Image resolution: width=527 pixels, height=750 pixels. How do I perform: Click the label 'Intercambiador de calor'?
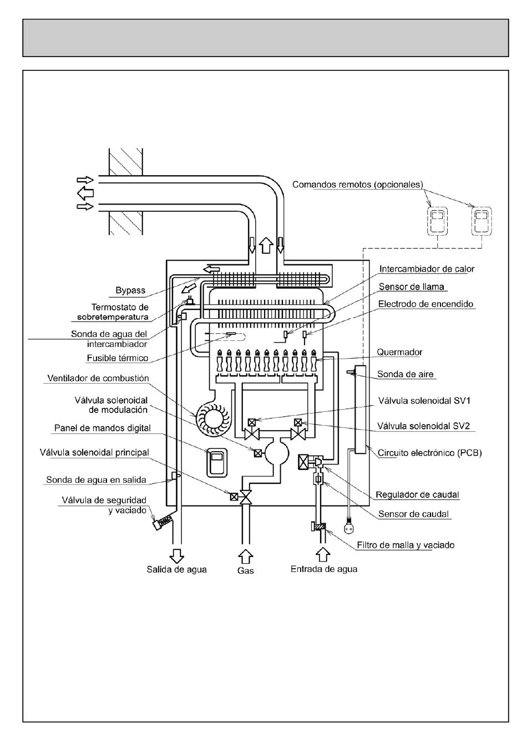click(427, 269)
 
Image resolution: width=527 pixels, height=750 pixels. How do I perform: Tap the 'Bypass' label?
click(130, 290)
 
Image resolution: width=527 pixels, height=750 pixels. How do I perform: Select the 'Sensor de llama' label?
click(412, 287)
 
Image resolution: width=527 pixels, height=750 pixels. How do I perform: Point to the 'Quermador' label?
click(399, 352)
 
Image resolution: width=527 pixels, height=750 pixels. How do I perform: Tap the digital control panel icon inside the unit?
click(216, 463)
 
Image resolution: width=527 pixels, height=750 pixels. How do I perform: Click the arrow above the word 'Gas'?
click(245, 557)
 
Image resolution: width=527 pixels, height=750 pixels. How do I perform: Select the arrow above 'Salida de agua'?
click(176, 556)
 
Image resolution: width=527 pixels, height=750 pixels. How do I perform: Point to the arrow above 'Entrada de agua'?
click(323, 554)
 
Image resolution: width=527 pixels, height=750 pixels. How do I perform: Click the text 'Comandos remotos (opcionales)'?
click(357, 185)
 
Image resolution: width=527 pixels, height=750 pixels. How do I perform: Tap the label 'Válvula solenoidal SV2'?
click(423, 426)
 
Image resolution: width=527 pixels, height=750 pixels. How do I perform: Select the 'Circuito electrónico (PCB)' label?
click(429, 453)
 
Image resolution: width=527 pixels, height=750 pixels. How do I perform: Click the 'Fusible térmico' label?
click(117, 358)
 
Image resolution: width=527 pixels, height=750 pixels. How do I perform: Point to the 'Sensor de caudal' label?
click(413, 514)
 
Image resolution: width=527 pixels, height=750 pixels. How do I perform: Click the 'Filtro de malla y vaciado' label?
click(406, 545)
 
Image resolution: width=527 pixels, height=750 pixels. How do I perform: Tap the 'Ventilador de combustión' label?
click(98, 378)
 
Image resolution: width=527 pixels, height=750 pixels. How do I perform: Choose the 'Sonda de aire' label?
click(405, 374)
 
